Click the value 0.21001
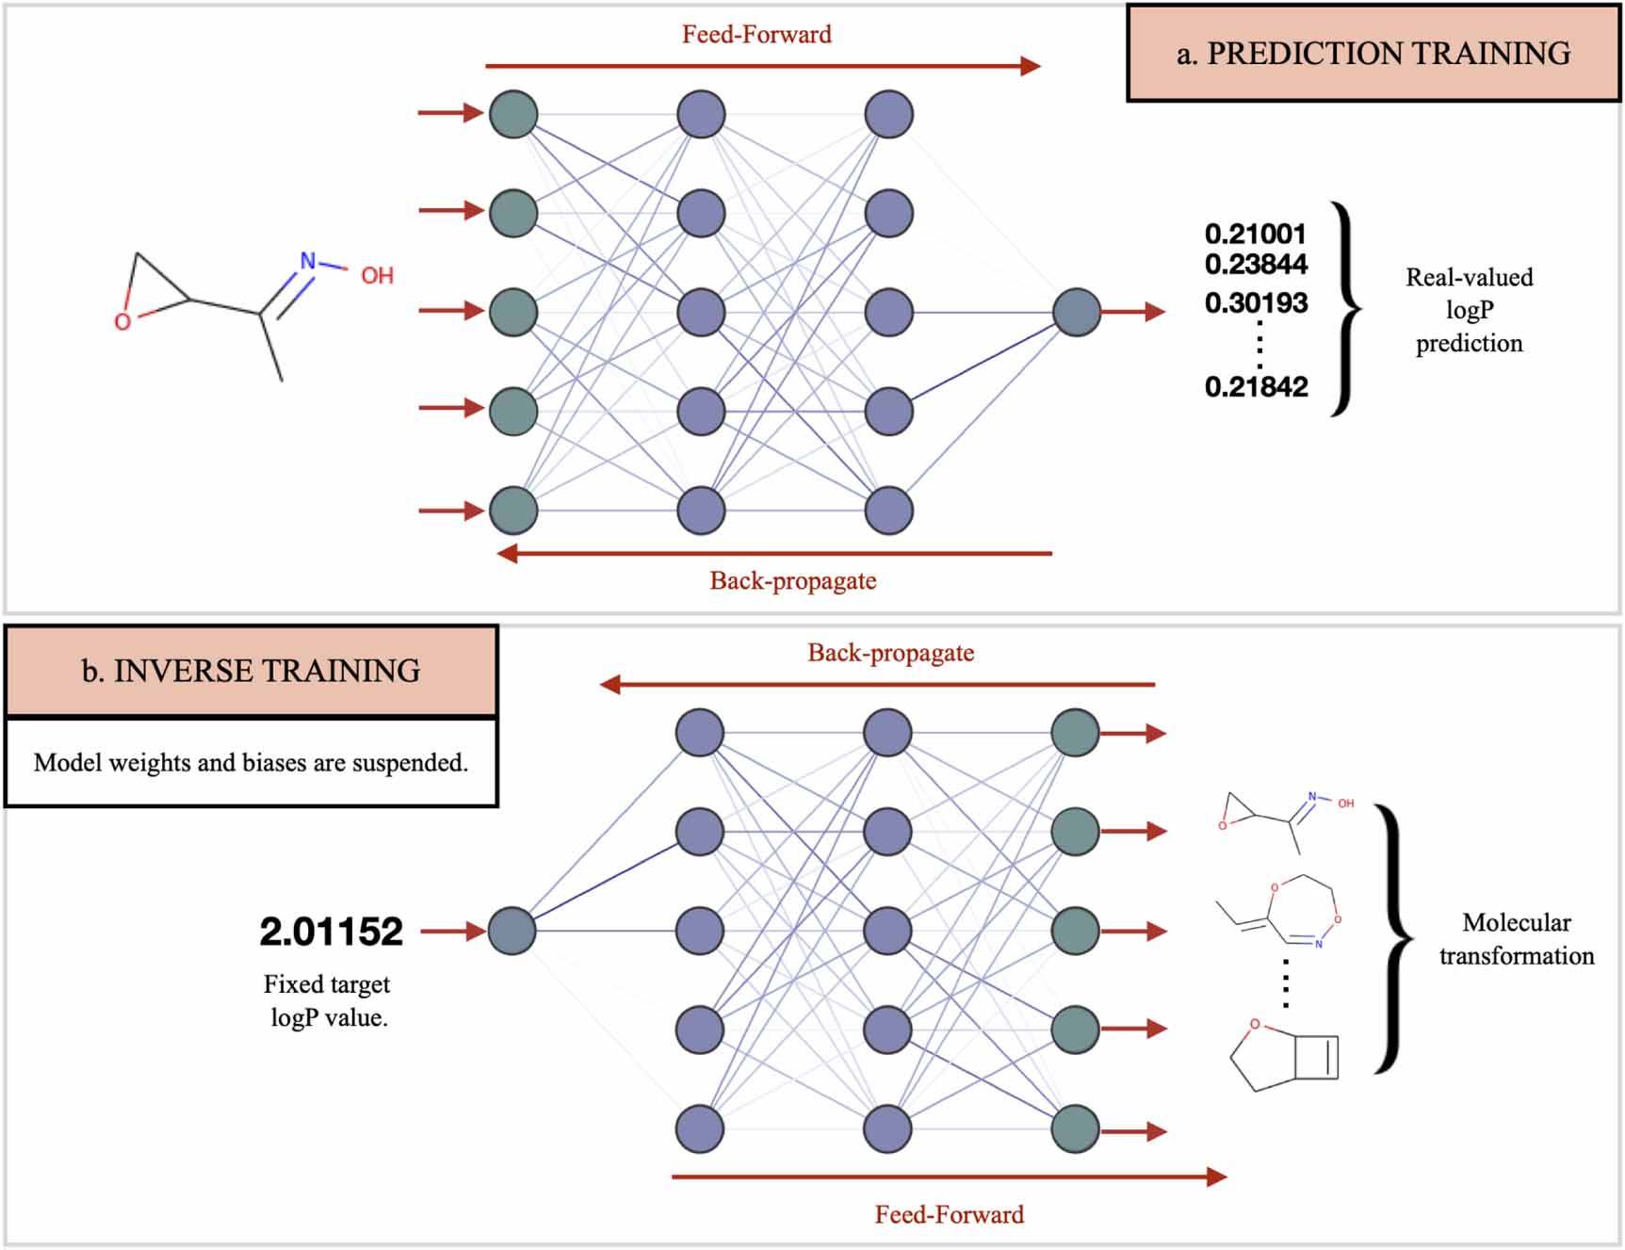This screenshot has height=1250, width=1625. pyautogui.click(x=1255, y=234)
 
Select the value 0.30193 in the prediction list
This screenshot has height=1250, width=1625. pyautogui.click(x=1256, y=303)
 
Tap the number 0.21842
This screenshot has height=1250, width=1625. pyautogui.click(x=1256, y=386)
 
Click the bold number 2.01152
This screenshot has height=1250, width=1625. pyautogui.click(x=331, y=932)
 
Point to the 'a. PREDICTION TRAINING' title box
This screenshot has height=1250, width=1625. pyautogui.click(x=1373, y=54)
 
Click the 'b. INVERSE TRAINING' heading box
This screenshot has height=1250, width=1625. pyautogui.click(x=251, y=671)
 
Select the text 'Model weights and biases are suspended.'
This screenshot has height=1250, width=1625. pyautogui.click(x=251, y=762)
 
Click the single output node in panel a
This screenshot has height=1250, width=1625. pyautogui.click(x=1076, y=312)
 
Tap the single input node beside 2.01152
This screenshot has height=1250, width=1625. pyautogui.click(x=512, y=931)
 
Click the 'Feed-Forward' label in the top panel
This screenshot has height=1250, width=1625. pyautogui.click(x=756, y=35)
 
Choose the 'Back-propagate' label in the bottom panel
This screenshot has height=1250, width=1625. pyautogui.click(x=890, y=653)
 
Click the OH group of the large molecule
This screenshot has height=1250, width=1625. pyautogui.click(x=377, y=276)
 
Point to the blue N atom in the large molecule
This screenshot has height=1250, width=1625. pyautogui.click(x=307, y=261)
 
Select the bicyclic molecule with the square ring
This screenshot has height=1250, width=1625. pyautogui.click(x=1285, y=1056)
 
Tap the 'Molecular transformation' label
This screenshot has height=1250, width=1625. pyautogui.click(x=1516, y=938)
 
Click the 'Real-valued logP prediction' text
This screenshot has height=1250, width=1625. pyautogui.click(x=1469, y=310)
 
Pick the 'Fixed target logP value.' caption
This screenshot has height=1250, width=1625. pyautogui.click(x=327, y=1000)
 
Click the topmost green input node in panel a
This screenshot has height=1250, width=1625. pyautogui.click(x=513, y=114)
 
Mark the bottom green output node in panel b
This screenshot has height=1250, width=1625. pyautogui.click(x=1075, y=1128)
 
